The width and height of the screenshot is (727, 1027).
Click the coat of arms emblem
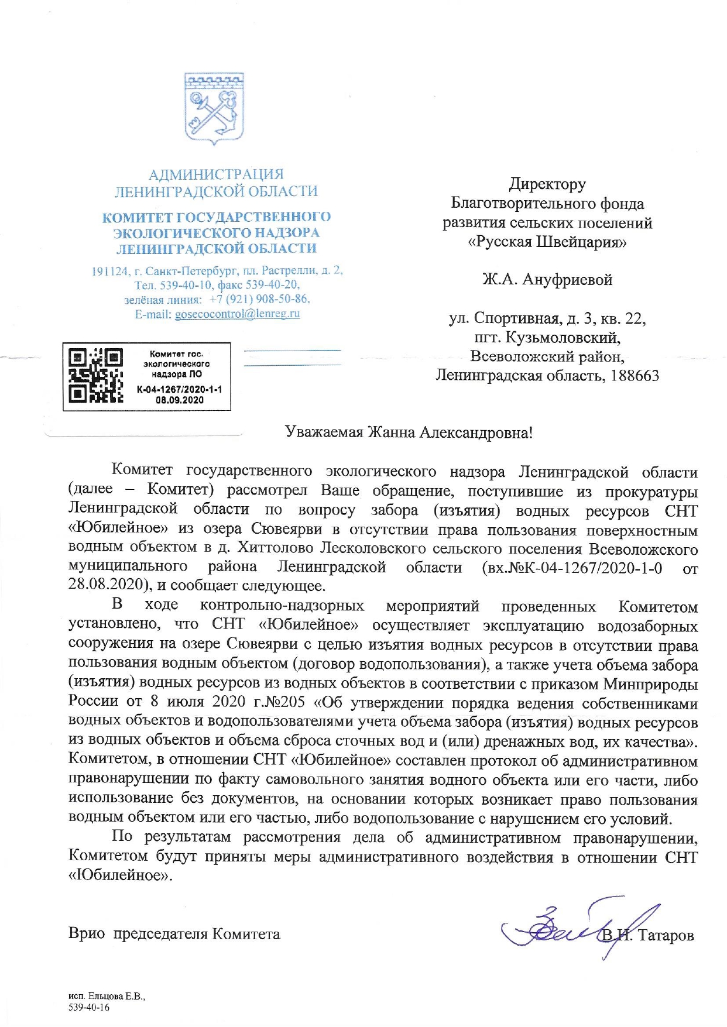click(x=214, y=109)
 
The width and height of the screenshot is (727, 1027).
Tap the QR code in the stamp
click(x=96, y=376)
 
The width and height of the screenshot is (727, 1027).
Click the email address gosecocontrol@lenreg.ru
click(x=238, y=314)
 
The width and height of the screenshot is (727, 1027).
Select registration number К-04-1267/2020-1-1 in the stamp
click(x=179, y=390)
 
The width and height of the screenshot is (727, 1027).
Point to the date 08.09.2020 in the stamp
click(x=180, y=400)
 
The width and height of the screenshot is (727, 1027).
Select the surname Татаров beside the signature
click(x=666, y=935)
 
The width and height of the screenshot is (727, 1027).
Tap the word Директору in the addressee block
click(x=547, y=184)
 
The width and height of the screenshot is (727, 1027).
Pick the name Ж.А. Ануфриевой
click(x=547, y=280)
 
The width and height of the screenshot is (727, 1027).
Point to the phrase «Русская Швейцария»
click(x=547, y=242)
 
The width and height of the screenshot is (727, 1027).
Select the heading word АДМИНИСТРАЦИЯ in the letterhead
click(x=216, y=174)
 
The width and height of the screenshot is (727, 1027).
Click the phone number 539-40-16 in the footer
click(x=89, y=1007)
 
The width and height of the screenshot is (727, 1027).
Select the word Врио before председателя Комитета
click(x=87, y=934)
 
